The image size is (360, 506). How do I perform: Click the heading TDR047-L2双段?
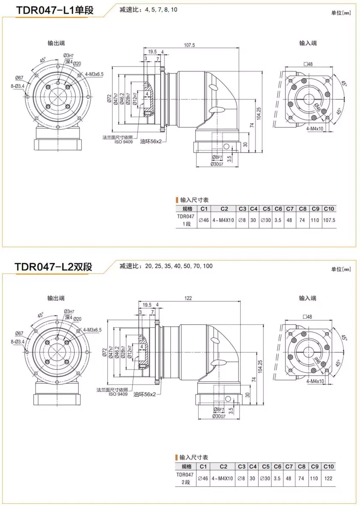[53, 267]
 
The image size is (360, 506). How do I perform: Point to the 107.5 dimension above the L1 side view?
[189, 45]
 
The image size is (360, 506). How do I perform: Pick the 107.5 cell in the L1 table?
[329, 220]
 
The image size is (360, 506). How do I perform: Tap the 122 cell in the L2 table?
[329, 479]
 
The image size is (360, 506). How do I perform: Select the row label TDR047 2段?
[185, 479]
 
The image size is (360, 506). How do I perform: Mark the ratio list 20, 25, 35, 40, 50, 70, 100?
[179, 266]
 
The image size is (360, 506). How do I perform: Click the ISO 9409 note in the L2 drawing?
[118, 394]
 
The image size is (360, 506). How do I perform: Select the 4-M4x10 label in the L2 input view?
[315, 381]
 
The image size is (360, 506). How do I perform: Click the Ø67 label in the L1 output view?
[19, 78]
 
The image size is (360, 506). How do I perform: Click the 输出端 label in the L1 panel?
[56, 43]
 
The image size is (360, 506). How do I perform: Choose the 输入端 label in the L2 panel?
[308, 298]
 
